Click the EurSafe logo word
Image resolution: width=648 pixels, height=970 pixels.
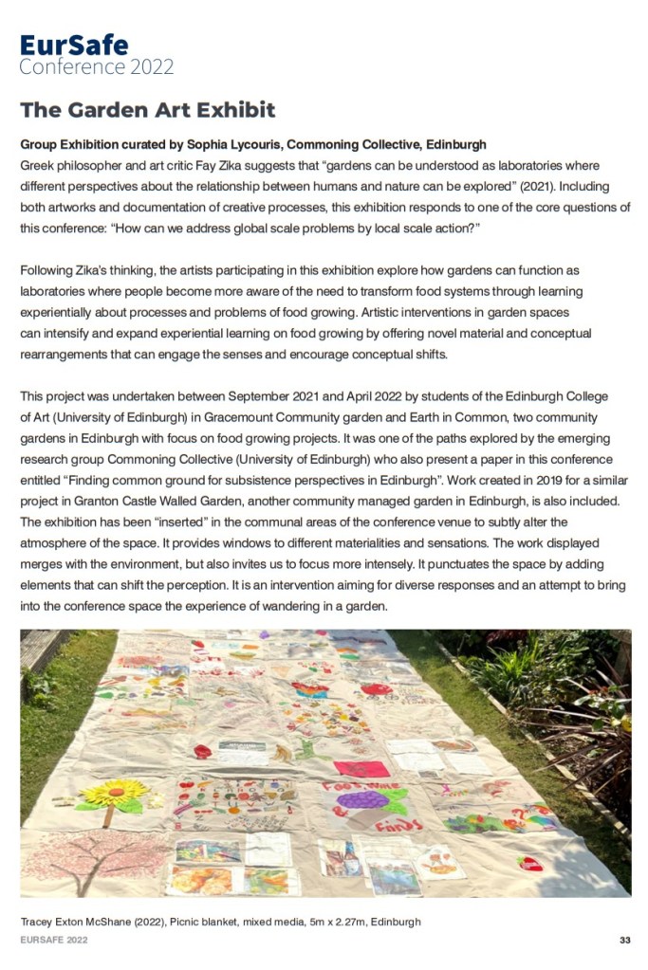tap(74, 45)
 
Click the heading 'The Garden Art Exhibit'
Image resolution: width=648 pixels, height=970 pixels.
tap(148, 110)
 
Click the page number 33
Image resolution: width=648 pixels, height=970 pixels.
tap(624, 940)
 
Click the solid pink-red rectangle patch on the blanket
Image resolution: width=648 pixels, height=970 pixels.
tap(361, 768)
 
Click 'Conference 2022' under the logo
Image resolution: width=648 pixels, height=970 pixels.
tap(97, 67)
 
